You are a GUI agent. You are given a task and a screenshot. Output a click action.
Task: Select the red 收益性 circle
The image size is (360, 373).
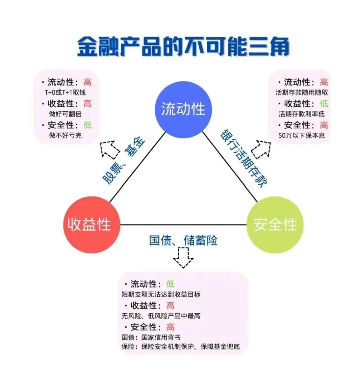(x=90, y=225)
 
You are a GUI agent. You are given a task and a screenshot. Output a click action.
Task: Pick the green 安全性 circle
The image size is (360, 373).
(x=275, y=225)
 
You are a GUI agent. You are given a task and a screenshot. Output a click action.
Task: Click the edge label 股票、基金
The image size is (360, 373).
(x=124, y=161)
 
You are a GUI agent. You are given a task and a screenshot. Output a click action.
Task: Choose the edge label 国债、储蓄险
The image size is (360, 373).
(x=183, y=240)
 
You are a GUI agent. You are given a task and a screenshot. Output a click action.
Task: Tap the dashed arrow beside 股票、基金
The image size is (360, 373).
(x=110, y=149)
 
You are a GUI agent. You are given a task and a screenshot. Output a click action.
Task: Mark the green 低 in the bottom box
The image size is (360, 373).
(x=170, y=284)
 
